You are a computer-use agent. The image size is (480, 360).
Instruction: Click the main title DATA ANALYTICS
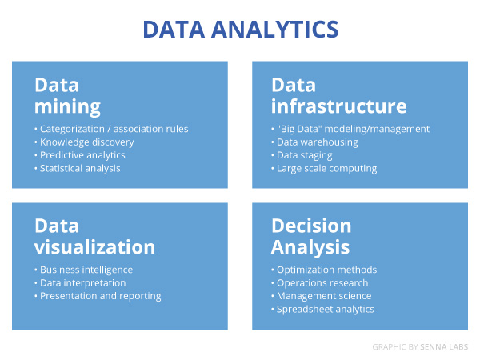coord(241,30)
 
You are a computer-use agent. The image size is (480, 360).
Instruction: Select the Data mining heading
coord(67,96)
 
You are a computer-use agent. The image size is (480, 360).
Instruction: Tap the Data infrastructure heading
coord(339,95)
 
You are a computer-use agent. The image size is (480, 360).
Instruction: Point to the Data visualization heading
coord(95,236)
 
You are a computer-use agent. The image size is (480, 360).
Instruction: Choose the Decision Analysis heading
coord(311,236)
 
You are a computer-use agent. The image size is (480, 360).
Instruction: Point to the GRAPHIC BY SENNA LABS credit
coord(420,347)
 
